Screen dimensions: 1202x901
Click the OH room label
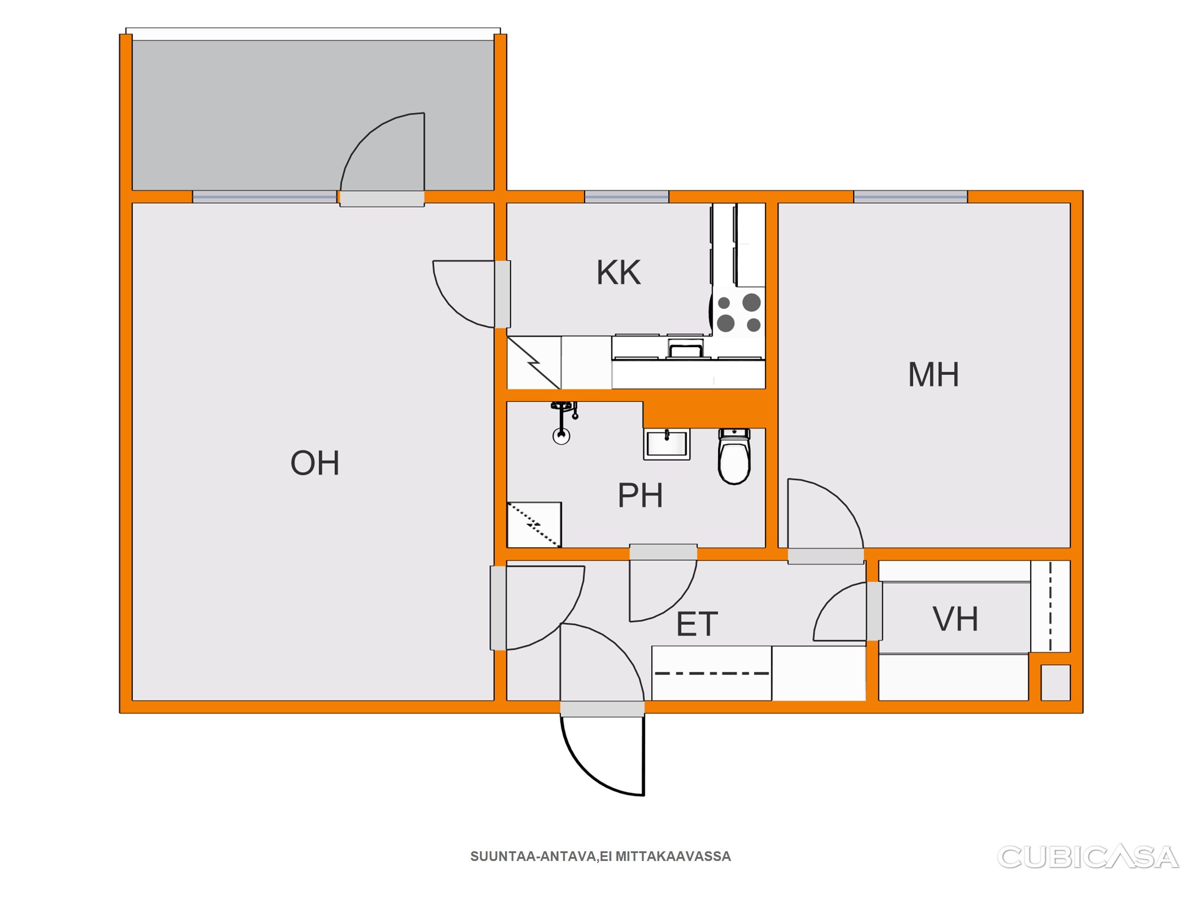[x=315, y=463]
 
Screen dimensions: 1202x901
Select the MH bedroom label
[x=933, y=374]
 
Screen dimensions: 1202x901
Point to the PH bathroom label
[x=640, y=495]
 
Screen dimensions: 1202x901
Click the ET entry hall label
[x=697, y=623]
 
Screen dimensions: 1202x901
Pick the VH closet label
[x=955, y=619]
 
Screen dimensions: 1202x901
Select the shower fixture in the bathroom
[x=563, y=422]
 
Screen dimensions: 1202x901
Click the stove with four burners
[x=738, y=312]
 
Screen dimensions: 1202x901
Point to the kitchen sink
[x=685, y=348]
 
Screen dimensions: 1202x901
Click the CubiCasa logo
[x=1088, y=857]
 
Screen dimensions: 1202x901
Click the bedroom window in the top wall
[x=910, y=197]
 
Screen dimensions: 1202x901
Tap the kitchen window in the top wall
[x=627, y=197]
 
